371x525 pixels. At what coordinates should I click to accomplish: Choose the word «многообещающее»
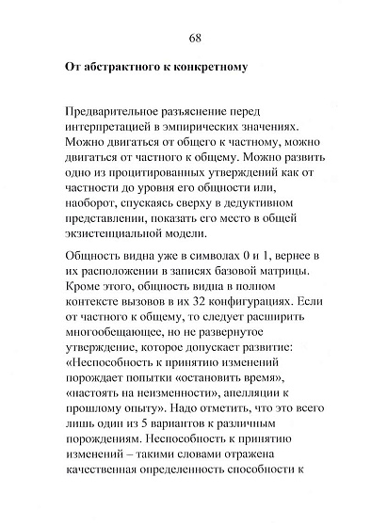pyautogui.click(x=119, y=348)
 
